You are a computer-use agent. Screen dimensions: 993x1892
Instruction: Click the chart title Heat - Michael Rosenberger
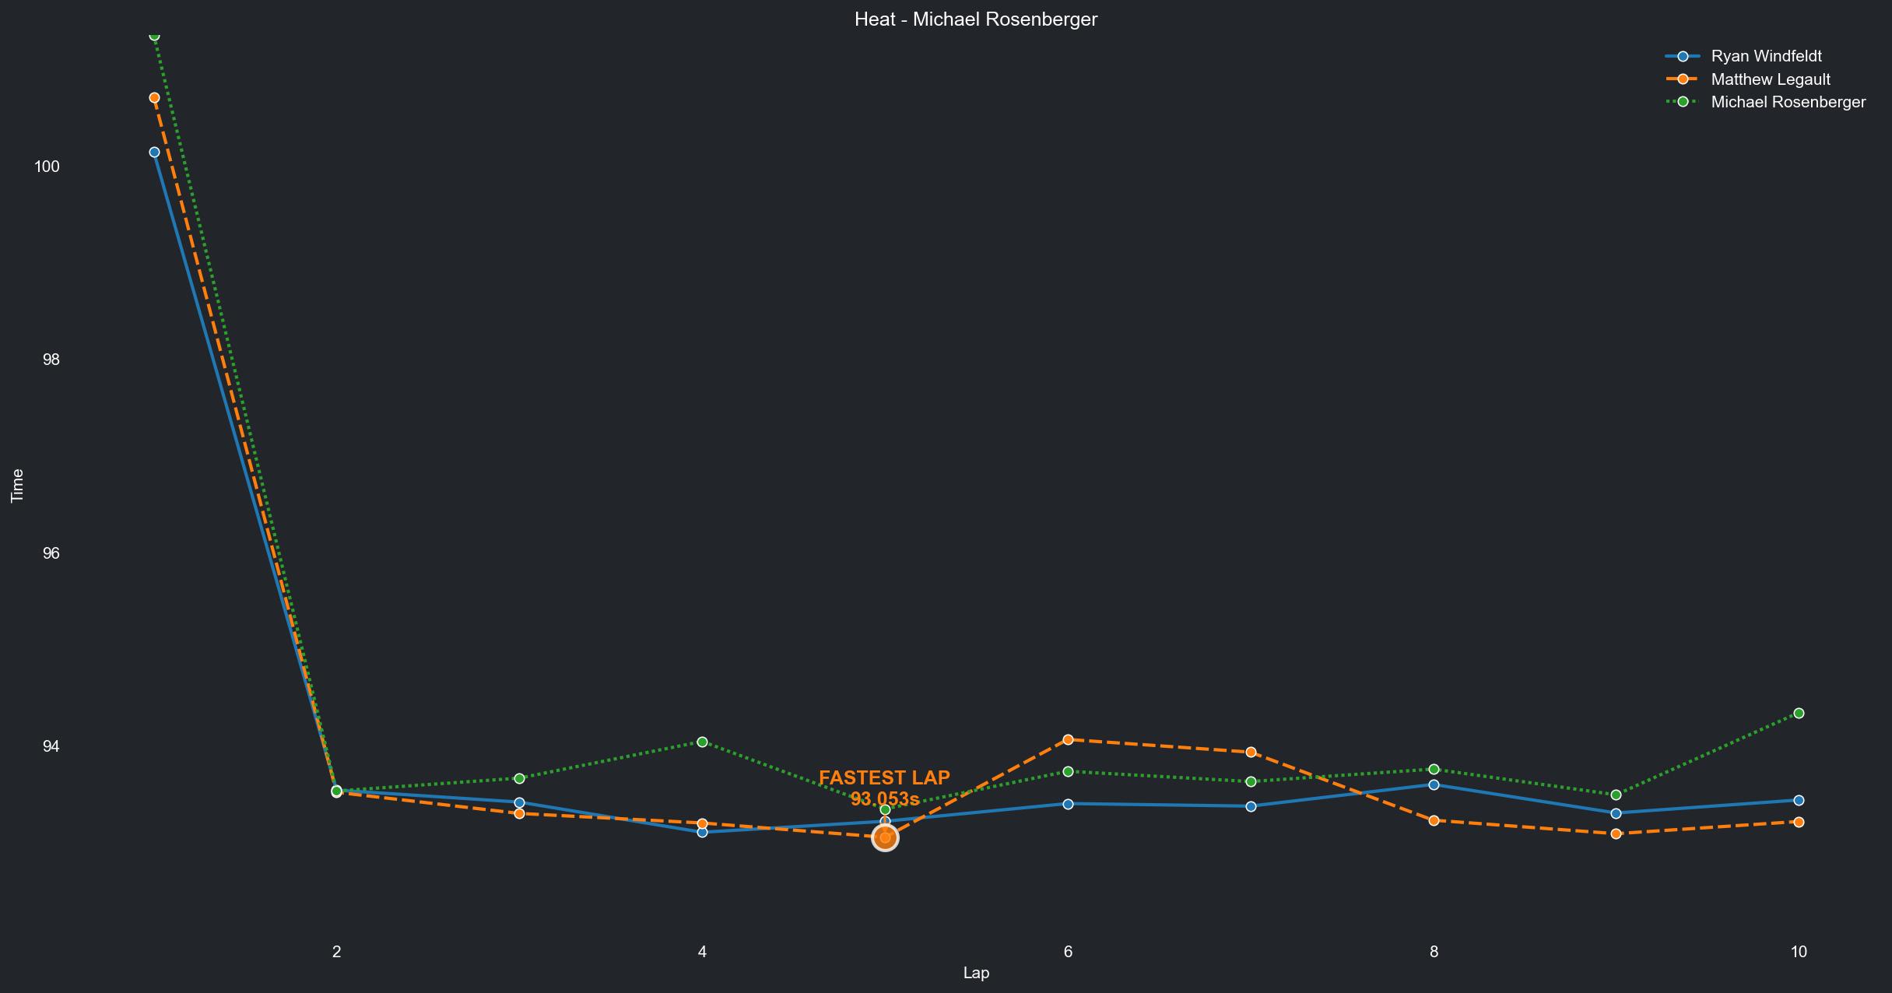(x=975, y=19)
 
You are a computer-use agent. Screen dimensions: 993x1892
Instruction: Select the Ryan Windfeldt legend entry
(x=1766, y=56)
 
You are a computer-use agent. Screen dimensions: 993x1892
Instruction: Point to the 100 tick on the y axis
(x=47, y=167)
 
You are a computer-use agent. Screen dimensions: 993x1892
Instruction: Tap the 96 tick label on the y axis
(x=51, y=553)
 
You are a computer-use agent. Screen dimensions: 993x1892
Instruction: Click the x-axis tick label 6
(x=1068, y=951)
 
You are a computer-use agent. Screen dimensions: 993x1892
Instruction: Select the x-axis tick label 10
(x=1798, y=951)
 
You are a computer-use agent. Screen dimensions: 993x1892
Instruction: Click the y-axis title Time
(x=17, y=486)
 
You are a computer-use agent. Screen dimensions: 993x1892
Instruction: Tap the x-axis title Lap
(x=975, y=973)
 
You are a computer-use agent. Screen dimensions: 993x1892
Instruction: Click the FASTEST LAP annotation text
(x=884, y=778)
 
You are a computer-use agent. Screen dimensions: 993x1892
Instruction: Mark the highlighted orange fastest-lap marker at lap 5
(x=885, y=837)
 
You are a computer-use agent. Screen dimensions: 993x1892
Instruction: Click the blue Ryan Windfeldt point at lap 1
(x=154, y=152)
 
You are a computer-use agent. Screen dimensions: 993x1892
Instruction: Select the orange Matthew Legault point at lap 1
(x=154, y=97)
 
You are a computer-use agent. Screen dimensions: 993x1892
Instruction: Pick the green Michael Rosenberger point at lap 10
(x=1799, y=713)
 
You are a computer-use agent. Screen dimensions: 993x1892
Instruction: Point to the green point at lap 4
(x=703, y=742)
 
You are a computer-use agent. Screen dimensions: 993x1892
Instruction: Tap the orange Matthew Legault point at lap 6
(x=1068, y=739)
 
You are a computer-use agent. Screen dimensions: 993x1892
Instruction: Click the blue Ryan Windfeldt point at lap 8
(x=1434, y=784)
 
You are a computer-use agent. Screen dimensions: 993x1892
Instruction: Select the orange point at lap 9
(x=1616, y=833)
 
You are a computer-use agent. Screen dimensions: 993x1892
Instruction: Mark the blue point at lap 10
(x=1799, y=800)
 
